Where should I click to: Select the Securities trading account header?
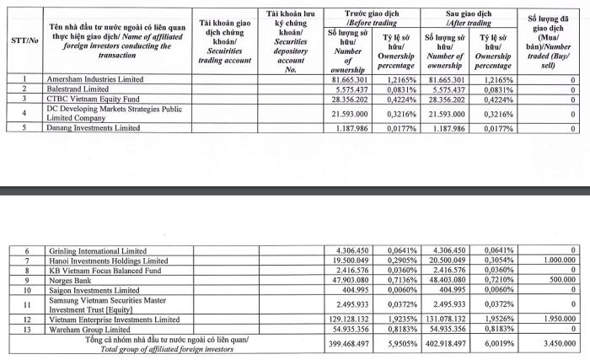pyautogui.click(x=225, y=40)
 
